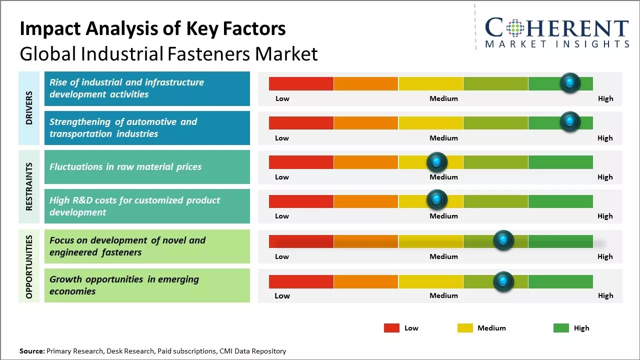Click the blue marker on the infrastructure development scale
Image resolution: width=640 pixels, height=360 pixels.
point(570,83)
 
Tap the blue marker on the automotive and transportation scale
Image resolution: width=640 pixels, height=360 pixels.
point(570,122)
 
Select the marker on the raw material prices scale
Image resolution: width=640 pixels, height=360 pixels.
point(437,161)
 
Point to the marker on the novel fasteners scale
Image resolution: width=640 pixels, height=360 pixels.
point(503,240)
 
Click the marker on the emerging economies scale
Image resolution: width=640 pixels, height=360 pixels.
point(503,281)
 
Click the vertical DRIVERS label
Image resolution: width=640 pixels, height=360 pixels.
point(29,108)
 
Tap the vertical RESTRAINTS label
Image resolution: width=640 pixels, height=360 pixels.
point(29,186)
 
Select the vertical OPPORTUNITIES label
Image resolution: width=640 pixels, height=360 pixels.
point(29,266)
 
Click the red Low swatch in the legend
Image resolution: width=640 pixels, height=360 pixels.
point(391,328)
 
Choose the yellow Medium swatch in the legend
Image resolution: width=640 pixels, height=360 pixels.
point(465,328)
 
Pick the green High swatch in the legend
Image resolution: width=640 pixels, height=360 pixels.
point(561,328)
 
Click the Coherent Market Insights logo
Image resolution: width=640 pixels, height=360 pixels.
point(556,32)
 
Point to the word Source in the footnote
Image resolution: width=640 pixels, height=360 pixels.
point(31,351)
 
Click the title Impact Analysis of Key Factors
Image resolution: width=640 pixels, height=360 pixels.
point(152,29)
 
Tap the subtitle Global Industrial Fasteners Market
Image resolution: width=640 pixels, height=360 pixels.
point(168,54)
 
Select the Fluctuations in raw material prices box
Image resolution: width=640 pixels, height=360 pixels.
point(147,167)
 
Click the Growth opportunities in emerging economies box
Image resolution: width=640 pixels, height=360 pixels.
point(147,285)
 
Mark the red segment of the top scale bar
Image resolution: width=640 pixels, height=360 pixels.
point(301,83)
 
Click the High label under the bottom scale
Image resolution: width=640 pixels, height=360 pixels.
point(605,295)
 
